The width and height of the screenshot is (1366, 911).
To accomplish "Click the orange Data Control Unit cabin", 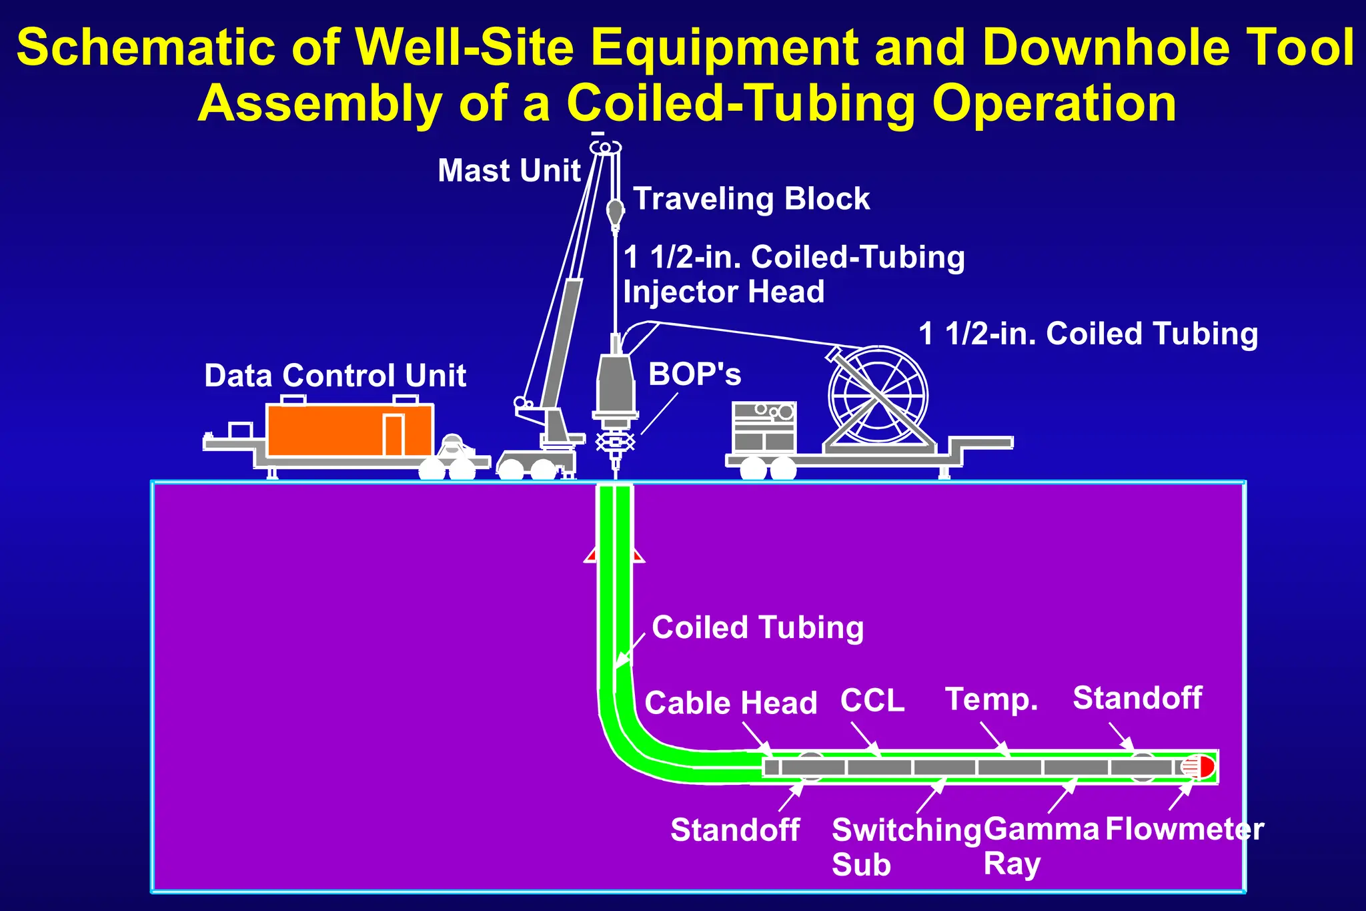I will pos(333,430).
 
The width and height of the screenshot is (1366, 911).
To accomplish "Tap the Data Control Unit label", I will pos(335,376).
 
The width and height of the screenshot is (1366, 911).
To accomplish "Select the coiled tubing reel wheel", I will pos(878,396).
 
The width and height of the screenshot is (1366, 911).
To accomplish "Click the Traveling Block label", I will pos(751,199).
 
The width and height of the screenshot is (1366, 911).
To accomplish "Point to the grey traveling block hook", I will pos(615,212).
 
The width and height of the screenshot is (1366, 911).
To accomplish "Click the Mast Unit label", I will pos(509,171).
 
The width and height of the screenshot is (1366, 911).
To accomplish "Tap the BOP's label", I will pos(694,374).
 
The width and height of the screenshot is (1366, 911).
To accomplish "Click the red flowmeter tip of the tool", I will pos(1205,766).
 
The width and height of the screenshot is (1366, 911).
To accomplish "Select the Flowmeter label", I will pos(1185,830).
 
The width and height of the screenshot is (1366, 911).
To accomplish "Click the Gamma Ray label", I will pos(1041,846).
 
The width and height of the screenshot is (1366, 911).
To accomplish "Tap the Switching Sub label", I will pos(906,846).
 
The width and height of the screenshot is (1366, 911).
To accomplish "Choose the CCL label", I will pos(872,700).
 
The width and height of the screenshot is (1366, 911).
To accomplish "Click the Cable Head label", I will pos(731,703).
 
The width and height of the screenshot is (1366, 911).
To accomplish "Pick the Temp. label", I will pos(992,699).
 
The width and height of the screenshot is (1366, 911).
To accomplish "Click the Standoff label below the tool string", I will pos(735,830).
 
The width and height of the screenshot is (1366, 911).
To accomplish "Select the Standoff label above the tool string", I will pos(1137,698).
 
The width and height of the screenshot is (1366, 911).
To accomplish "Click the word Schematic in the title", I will pos(146,48).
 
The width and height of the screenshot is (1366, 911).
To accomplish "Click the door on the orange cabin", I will pos(394,435).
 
